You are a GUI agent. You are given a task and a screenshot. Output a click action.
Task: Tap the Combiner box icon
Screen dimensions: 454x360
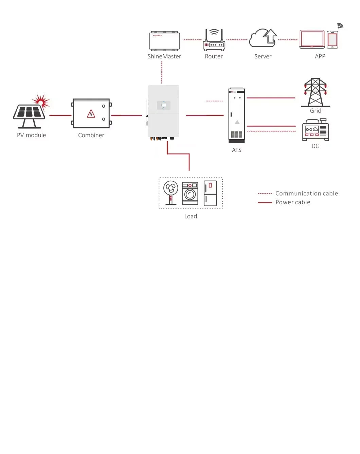[x=91, y=113]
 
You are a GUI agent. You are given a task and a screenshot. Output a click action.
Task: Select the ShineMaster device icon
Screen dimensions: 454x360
[x=164, y=41]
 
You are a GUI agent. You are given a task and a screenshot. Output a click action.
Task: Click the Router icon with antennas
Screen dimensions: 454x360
[x=214, y=41]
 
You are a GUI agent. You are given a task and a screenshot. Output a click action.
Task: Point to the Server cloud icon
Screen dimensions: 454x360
[x=263, y=38]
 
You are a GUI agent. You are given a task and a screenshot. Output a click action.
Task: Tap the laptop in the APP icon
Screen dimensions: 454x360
[x=312, y=39]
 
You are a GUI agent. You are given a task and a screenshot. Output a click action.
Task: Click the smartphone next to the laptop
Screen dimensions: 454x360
[x=332, y=40]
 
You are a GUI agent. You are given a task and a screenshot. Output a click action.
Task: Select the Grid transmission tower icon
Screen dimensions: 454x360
[x=316, y=92]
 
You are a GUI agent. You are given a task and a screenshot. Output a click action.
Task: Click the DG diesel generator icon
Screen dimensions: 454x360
[x=316, y=130]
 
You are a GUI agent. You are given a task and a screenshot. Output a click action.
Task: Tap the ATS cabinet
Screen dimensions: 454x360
[x=237, y=115]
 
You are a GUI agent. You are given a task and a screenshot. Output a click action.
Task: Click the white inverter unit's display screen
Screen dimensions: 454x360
[x=163, y=105]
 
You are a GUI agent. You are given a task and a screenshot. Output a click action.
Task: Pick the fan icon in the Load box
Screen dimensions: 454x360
[x=170, y=192]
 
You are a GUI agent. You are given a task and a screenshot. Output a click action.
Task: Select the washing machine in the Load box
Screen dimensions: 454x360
[x=190, y=193]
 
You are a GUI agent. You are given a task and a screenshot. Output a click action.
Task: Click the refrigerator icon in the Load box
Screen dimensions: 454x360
[x=210, y=193]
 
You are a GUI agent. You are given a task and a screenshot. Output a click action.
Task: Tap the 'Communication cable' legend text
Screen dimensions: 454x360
[x=306, y=193]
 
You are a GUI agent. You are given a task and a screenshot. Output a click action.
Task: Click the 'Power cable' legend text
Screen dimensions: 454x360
[x=293, y=202]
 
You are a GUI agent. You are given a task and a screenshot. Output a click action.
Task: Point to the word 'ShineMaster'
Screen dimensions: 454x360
[x=164, y=56]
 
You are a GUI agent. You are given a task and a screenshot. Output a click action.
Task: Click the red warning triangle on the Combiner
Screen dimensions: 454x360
[x=91, y=114]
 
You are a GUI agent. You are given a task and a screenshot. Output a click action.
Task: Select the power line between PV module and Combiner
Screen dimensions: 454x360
[x=60, y=115]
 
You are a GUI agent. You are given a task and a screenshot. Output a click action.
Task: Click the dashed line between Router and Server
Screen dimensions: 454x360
[x=237, y=40]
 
